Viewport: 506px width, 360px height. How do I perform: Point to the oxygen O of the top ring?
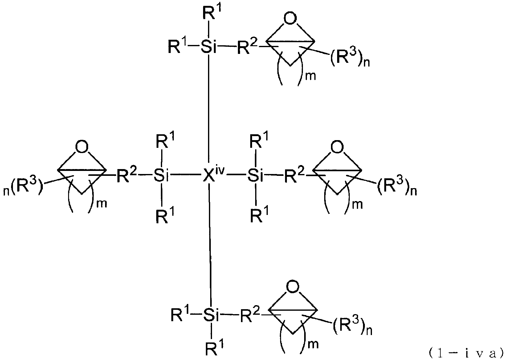290,18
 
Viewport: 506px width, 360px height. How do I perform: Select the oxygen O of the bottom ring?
293,287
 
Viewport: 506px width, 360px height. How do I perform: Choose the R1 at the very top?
212,12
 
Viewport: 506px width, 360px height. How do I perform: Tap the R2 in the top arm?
247,47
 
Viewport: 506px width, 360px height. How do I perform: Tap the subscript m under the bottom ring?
313,344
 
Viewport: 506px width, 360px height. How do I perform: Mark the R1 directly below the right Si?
259,214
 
